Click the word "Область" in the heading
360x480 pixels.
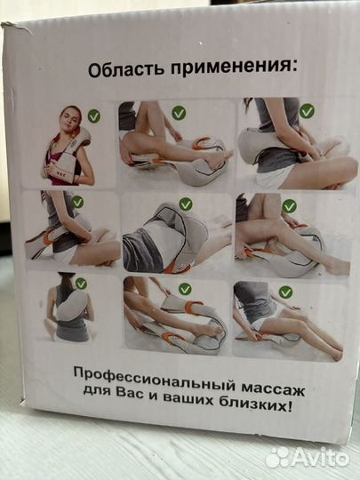coord(121,69)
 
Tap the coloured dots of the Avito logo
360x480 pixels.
coord(279,457)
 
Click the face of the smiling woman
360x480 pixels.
coord(70,121)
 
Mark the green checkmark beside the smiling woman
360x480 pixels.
coord(93,115)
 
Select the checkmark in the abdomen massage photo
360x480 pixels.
coord(185,204)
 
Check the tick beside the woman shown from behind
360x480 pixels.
coord(82,284)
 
